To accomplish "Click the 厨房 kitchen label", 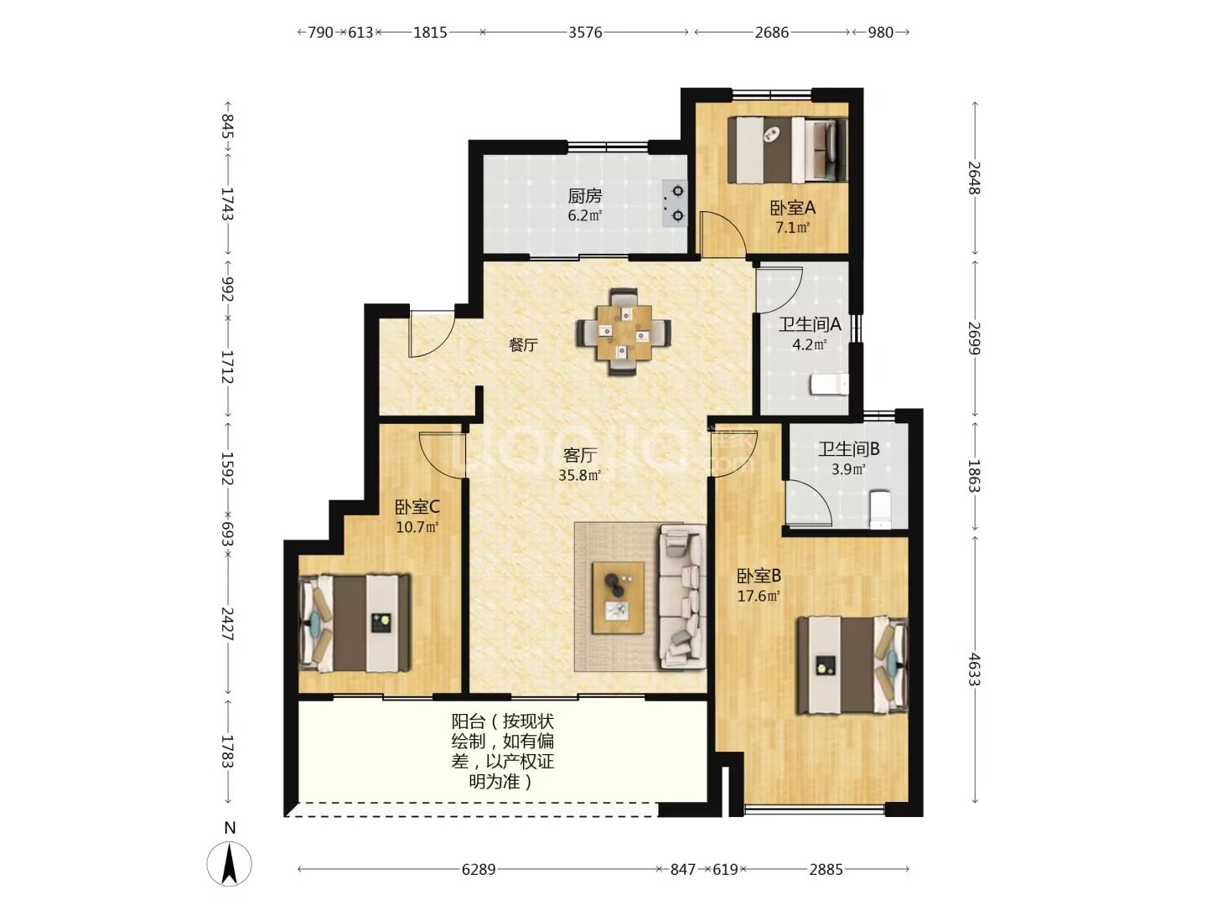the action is point(584,195).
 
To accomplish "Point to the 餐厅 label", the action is point(523,345).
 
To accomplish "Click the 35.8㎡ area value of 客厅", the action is point(579,475).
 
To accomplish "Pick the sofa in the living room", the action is point(682,596).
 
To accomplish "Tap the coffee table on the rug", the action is point(618,597).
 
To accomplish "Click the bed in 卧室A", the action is point(787,149).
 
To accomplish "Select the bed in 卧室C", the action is point(354,623).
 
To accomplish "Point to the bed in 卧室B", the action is point(852,665).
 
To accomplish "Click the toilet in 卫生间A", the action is point(829,384).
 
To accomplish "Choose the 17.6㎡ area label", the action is point(759,596).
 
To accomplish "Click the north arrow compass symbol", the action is point(230,863).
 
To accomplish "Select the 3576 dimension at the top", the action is point(585,33).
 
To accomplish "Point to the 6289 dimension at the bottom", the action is point(479,869).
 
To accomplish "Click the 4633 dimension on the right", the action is point(974,670).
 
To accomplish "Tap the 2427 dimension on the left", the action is point(227,623).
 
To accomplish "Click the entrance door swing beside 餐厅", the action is point(431,336).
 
